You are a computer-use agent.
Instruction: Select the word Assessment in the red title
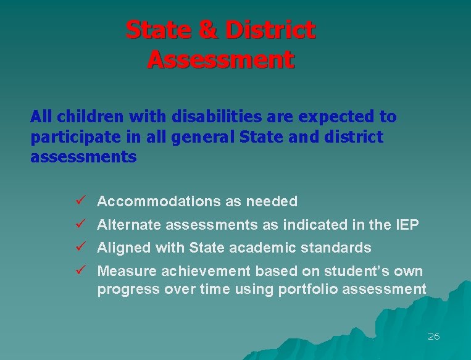click(x=220, y=60)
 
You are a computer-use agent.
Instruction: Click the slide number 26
click(x=433, y=337)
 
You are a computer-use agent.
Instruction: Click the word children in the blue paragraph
click(x=81, y=117)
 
